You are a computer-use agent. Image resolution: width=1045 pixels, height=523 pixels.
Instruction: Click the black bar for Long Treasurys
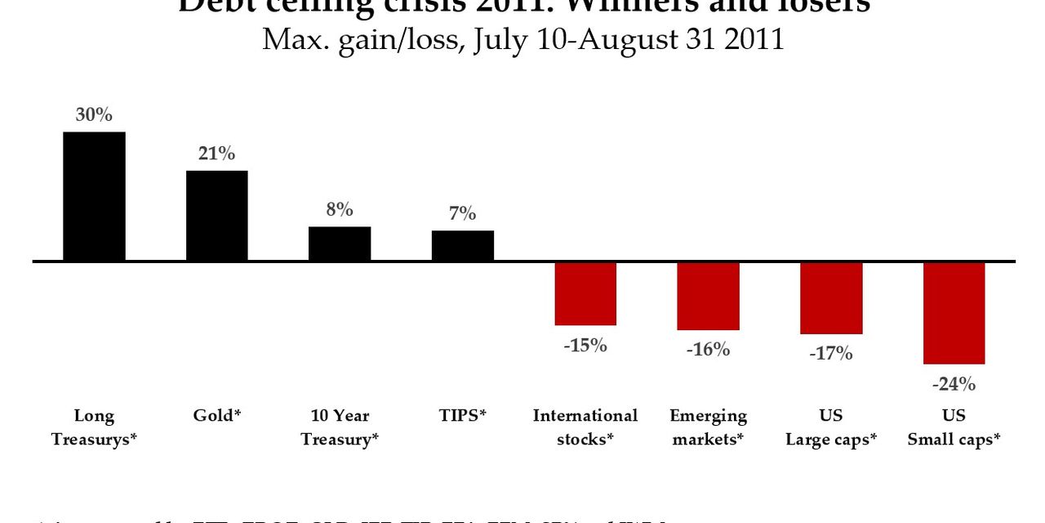click(94, 196)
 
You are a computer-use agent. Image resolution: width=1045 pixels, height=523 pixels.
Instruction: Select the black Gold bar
click(216, 216)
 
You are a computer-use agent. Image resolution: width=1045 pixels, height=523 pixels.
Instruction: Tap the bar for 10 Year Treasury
click(340, 244)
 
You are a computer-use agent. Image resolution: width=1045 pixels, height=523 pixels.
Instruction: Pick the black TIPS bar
click(462, 245)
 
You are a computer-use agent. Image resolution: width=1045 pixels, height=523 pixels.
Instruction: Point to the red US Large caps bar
click(831, 298)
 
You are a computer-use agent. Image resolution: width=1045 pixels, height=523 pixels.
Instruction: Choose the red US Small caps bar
click(954, 313)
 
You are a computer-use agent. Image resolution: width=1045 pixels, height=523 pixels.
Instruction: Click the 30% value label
click(94, 115)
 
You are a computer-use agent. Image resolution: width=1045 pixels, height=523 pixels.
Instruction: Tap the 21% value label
click(216, 154)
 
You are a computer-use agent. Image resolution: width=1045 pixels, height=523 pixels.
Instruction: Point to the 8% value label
click(340, 210)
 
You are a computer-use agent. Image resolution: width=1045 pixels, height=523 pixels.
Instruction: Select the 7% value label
click(462, 214)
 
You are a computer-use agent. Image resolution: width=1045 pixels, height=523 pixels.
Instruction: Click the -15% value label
click(585, 346)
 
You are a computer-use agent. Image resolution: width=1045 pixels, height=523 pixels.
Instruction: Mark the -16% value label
click(708, 350)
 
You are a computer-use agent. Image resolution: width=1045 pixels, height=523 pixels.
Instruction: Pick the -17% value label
click(831, 354)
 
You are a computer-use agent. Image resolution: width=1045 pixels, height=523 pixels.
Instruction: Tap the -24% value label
click(954, 383)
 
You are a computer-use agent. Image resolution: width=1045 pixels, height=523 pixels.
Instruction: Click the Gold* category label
click(217, 416)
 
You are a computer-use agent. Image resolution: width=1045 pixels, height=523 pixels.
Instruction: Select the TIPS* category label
click(462, 416)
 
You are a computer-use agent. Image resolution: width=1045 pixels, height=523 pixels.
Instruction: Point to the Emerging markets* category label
click(708, 427)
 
